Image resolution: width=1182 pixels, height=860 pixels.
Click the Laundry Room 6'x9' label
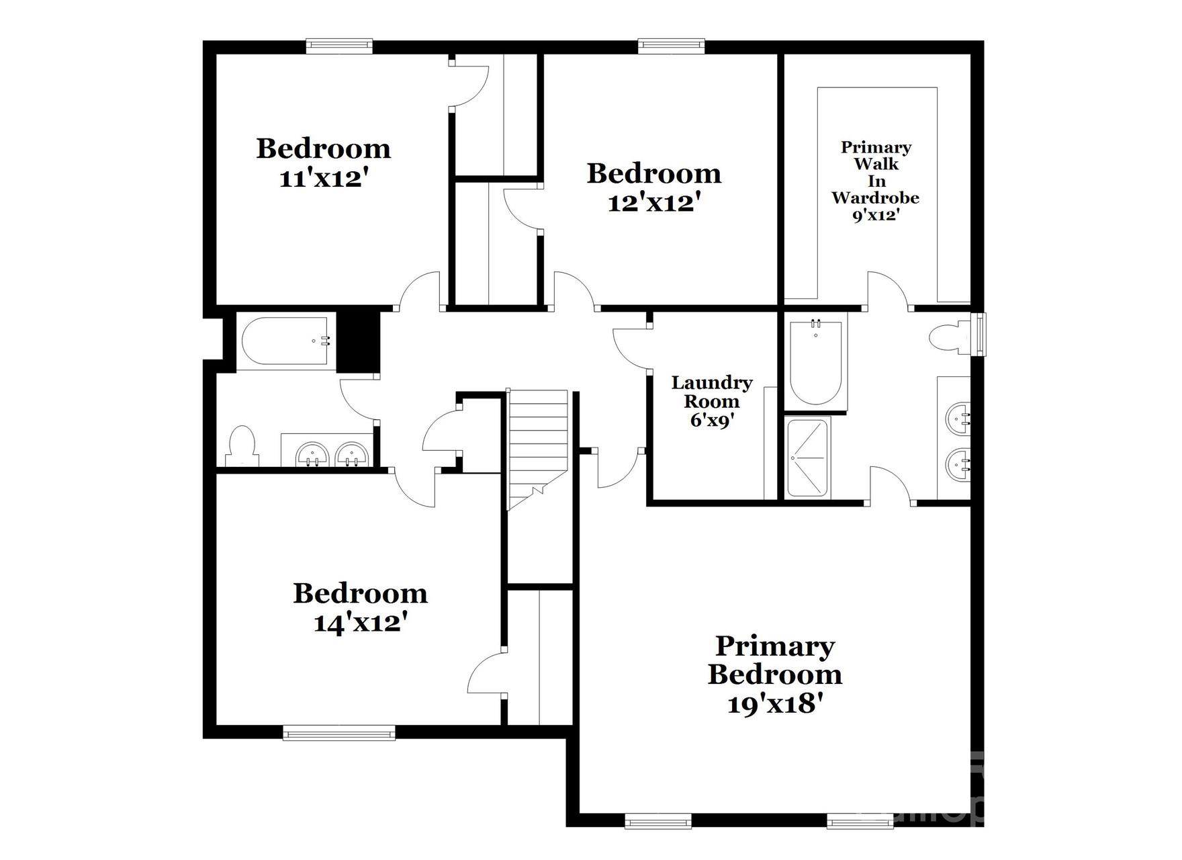(x=711, y=401)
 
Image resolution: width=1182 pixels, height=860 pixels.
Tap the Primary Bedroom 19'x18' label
(x=774, y=675)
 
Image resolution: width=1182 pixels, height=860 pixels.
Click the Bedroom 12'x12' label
(x=654, y=187)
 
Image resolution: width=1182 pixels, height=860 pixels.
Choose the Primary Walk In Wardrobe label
(x=876, y=181)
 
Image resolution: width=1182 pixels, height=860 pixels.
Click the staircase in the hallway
(x=537, y=443)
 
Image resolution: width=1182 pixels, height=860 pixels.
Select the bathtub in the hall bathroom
(x=285, y=341)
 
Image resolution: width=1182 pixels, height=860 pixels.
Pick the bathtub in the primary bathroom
(x=815, y=361)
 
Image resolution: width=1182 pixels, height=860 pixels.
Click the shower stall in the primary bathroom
(x=808, y=458)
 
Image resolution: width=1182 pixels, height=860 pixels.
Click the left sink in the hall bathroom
(x=312, y=455)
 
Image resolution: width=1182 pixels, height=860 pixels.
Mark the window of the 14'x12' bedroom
(x=339, y=733)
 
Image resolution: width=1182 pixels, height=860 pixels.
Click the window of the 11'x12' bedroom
(x=339, y=46)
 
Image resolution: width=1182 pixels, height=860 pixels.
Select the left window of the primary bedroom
(x=658, y=820)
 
